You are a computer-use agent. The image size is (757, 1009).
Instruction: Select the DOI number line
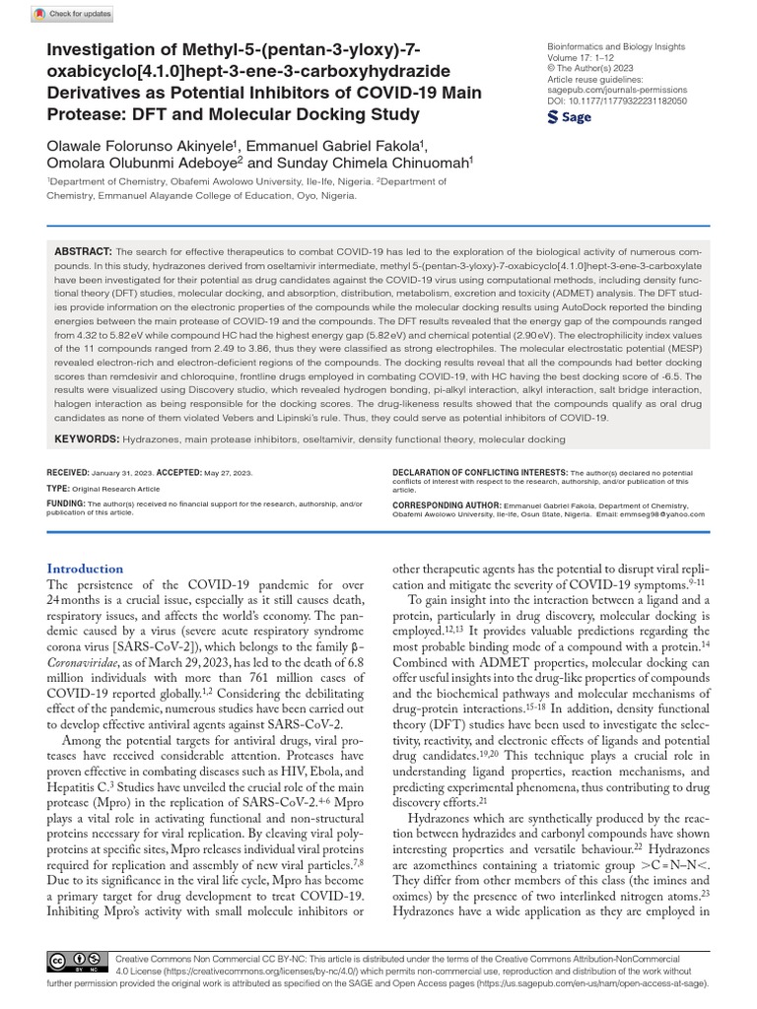coord(616,101)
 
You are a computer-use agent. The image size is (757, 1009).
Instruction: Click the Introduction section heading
coord(86,569)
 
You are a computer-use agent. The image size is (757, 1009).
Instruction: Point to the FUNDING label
coord(66,503)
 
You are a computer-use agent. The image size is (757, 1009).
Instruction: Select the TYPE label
coord(57,488)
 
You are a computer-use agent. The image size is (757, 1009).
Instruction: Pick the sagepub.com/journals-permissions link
coord(616,90)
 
